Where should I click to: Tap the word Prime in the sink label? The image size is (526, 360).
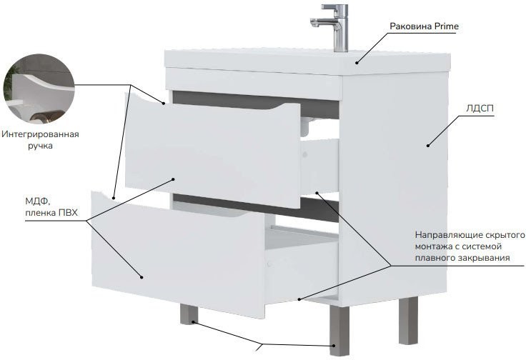pyautogui.click(x=446, y=26)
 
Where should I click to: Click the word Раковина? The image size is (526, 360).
pyautogui.click(x=411, y=26)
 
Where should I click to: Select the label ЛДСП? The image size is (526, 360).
pyautogui.click(x=480, y=109)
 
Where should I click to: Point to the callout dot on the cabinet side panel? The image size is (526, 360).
pyautogui.click(x=427, y=145)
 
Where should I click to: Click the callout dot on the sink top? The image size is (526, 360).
pyautogui.click(x=357, y=62)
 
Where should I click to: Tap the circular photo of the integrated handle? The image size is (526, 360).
pyautogui.click(x=39, y=89)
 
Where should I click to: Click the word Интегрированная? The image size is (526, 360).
pyautogui.click(x=40, y=134)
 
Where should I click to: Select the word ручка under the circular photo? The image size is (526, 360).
pyautogui.click(x=40, y=146)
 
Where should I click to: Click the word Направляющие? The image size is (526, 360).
pyautogui.click(x=441, y=235)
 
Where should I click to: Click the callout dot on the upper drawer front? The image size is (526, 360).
pyautogui.click(x=174, y=179)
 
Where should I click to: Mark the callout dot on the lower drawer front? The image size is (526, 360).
pyautogui.click(x=142, y=277)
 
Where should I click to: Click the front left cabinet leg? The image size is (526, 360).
pyautogui.click(x=189, y=314)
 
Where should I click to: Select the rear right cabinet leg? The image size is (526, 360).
pyautogui.click(x=408, y=321)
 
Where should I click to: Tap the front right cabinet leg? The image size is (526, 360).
pyautogui.click(x=339, y=330)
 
